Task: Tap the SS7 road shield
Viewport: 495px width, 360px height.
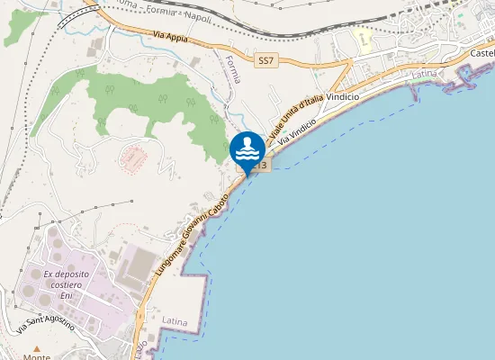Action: click(x=265, y=60)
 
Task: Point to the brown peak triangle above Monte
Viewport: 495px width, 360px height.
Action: click(x=37, y=348)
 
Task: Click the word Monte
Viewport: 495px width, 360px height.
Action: click(x=37, y=356)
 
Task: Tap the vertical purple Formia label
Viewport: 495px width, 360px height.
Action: click(x=234, y=68)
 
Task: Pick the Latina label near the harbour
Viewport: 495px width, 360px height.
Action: click(x=423, y=73)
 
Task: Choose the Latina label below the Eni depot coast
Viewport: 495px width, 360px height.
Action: click(x=175, y=319)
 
